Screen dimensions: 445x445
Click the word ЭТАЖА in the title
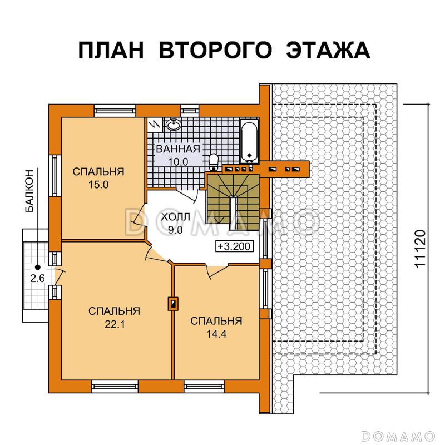328,50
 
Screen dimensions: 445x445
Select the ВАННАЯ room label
178,149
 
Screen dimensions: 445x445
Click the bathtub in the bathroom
249,139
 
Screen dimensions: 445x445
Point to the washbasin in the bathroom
173,125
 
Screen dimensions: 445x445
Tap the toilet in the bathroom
213,162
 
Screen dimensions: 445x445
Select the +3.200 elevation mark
235,245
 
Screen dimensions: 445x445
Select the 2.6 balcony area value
38,279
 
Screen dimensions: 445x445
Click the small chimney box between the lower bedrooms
173,304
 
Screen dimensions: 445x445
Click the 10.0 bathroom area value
178,161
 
